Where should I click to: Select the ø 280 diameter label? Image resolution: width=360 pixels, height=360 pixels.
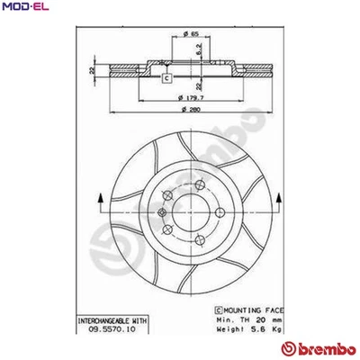tap(190, 108)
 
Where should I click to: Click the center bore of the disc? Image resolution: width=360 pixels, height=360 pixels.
tap(191, 217)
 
